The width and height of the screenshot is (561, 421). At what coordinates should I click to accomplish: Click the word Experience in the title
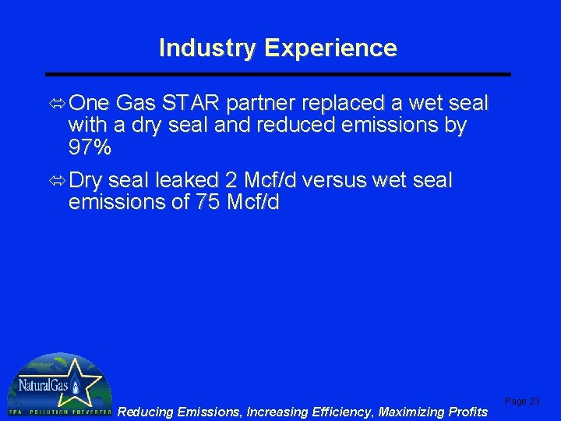(330, 48)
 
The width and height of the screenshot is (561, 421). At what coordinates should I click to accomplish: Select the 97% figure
(90, 147)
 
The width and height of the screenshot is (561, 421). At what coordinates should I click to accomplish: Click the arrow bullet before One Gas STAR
(56, 103)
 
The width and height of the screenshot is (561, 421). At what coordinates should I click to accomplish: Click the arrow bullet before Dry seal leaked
(56, 180)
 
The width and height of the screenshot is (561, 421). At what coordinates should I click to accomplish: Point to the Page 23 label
(522, 402)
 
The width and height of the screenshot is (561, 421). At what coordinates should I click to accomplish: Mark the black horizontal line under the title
(279, 74)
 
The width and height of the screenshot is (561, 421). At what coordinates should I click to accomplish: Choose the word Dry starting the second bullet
(86, 180)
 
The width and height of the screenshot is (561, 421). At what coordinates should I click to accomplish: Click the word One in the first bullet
(90, 103)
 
